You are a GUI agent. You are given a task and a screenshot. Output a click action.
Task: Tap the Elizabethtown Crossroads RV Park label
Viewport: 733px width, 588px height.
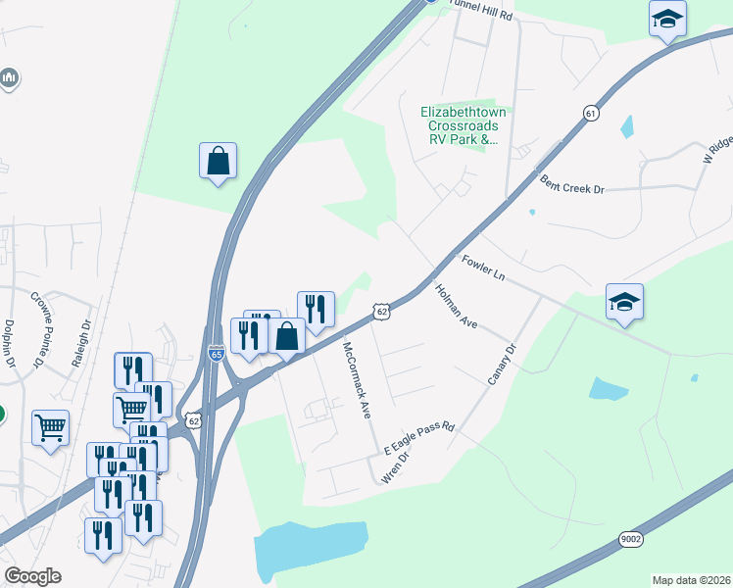coord(463,125)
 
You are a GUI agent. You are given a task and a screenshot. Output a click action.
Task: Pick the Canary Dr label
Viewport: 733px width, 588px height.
coord(501,365)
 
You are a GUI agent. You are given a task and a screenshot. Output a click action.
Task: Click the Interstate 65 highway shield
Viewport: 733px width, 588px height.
coord(216,353)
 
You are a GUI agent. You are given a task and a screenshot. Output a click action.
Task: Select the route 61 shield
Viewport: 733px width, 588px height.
coord(589,114)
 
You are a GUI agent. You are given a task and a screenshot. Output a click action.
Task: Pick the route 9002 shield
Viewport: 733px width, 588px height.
coord(631,538)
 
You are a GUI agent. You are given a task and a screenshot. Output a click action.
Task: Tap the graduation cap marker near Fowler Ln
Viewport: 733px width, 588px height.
coord(624,303)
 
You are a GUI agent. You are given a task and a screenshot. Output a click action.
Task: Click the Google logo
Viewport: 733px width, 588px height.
coord(32,576)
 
